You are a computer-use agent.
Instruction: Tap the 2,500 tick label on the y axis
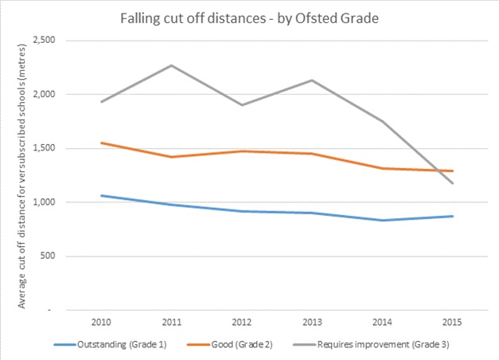[53, 40]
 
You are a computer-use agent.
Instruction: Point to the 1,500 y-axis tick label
[53, 148]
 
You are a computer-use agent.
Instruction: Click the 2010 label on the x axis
[101, 323]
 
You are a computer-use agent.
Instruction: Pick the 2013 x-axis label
[313, 323]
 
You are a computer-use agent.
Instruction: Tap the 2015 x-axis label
[454, 323]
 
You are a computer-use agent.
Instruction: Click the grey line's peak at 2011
[172, 65]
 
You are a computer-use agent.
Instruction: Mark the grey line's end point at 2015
[454, 183]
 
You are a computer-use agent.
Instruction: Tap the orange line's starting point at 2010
[101, 143]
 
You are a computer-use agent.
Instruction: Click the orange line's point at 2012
[242, 151]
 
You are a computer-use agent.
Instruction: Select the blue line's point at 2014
[383, 220]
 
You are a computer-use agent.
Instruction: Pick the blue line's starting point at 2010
[101, 195]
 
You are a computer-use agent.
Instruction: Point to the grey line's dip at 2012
[242, 104]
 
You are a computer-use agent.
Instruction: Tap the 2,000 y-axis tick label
[53, 94]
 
